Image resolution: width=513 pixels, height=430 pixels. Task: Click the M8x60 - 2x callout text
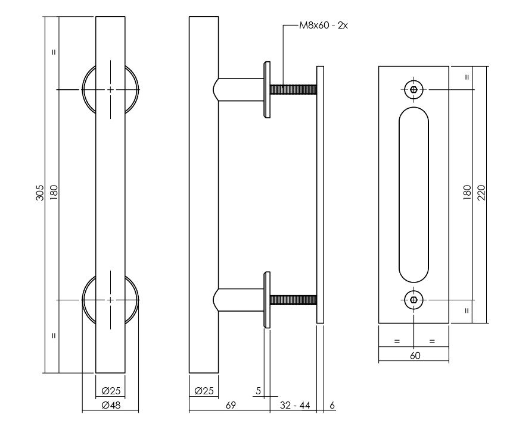323,26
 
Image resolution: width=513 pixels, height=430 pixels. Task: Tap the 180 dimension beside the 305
54,194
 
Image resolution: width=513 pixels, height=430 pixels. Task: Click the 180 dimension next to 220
468,194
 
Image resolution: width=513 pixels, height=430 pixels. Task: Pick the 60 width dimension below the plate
415,356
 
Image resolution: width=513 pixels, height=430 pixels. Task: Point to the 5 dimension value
257,391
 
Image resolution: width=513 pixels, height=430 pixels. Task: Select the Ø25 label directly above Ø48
111,391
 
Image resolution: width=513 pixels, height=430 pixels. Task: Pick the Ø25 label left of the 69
204,391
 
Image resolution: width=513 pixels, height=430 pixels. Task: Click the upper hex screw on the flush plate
414,90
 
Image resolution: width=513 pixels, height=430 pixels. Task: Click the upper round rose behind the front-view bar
87,90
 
